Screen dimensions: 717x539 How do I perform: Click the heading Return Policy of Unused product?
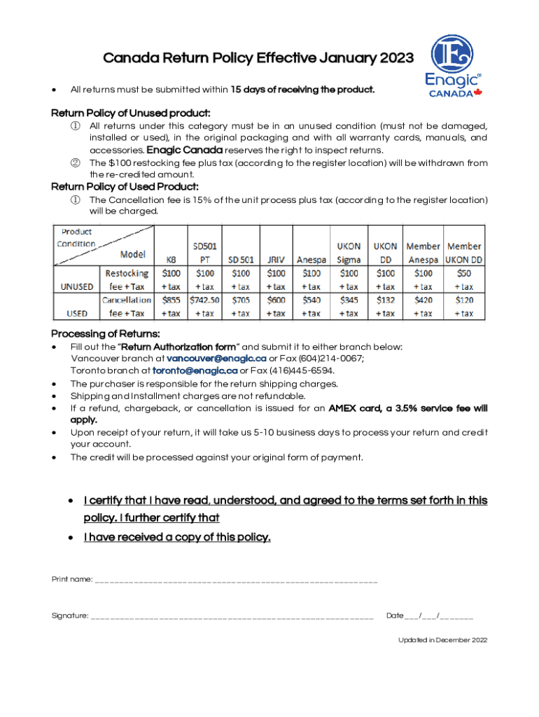(131, 113)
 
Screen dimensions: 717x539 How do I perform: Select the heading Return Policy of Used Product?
(125, 186)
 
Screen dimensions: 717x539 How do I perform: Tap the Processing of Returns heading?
(106, 333)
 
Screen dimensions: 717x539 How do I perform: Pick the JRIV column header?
(276, 259)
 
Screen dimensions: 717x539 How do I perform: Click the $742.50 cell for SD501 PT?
(205, 300)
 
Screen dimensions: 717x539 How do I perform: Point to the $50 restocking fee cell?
(464, 273)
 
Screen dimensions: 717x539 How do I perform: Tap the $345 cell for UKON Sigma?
(349, 300)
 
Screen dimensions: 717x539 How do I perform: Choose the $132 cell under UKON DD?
(385, 300)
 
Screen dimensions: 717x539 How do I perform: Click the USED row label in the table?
(76, 314)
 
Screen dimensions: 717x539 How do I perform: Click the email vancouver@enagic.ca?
(216, 358)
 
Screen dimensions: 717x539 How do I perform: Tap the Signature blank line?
(232, 617)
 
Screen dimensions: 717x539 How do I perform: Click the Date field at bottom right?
(430, 616)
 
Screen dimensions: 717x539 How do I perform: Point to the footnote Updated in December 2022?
(442, 640)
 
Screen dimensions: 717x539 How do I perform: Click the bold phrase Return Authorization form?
(178, 347)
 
